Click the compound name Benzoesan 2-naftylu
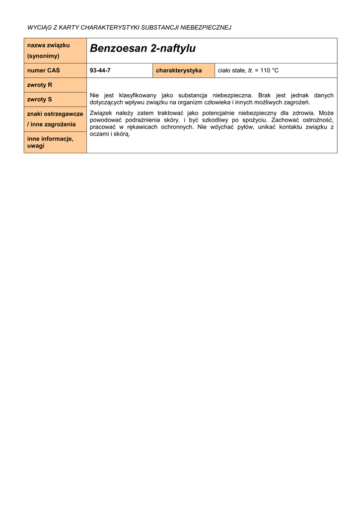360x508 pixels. click(143, 49)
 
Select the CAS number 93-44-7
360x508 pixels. click(100, 70)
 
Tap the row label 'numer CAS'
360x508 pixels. click(43, 70)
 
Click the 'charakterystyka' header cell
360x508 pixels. click(179, 70)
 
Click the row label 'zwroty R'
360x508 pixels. click(40, 85)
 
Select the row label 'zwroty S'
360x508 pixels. click(40, 99)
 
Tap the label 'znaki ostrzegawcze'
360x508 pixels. click(55, 114)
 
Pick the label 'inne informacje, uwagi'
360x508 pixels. click(50, 142)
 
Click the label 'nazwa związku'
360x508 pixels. click(48, 45)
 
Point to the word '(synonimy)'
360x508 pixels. click(43, 56)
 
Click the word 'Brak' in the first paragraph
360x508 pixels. click(266, 95)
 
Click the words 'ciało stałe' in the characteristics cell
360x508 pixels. click(231, 70)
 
